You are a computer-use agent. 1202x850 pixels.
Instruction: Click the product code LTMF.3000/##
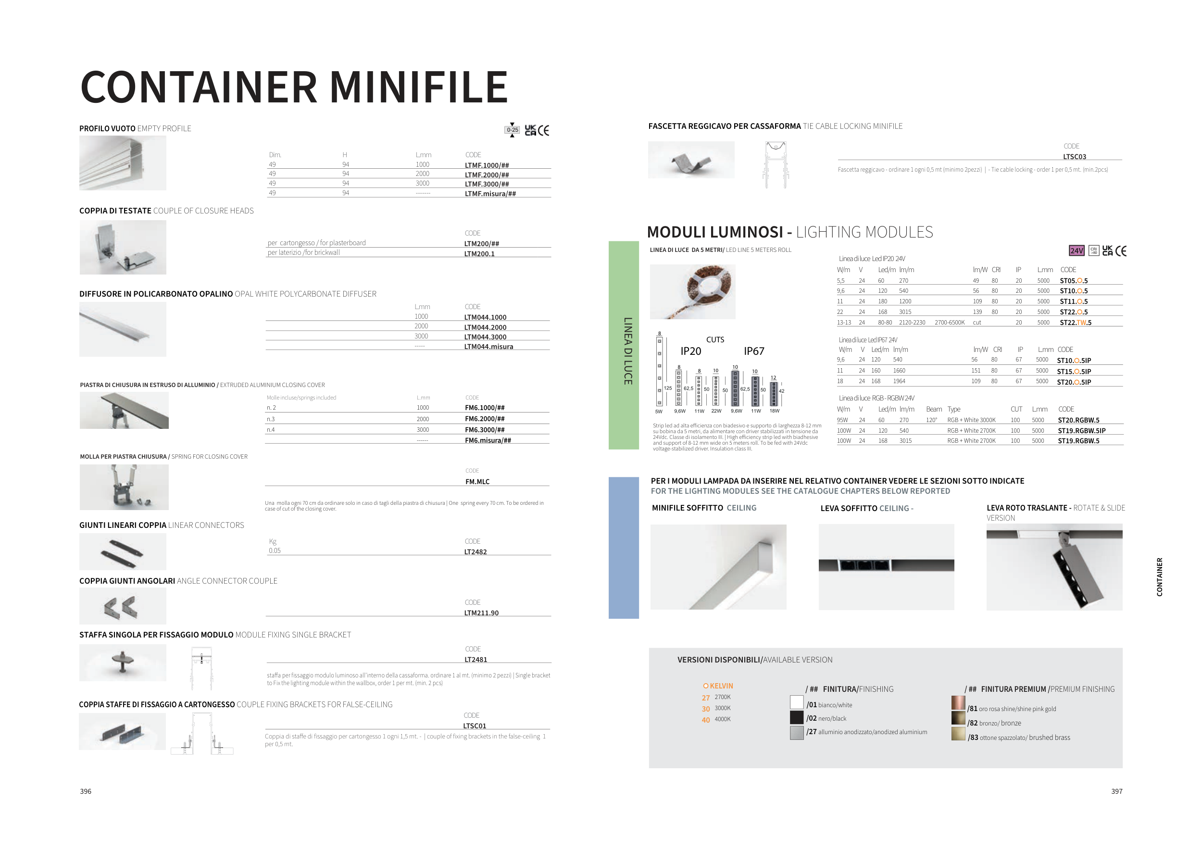click(487, 184)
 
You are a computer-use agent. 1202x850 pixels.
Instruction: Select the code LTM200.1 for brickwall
click(479, 254)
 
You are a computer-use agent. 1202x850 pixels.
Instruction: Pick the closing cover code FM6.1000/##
click(485, 408)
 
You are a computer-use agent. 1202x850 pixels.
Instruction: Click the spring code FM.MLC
click(477, 482)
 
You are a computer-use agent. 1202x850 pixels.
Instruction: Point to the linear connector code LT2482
click(476, 551)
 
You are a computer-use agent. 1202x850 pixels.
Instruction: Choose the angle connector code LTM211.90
click(481, 613)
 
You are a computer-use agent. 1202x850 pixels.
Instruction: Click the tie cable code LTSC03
click(1074, 157)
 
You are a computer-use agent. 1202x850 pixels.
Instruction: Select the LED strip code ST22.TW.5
click(1075, 323)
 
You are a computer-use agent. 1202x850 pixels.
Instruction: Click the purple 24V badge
click(1077, 250)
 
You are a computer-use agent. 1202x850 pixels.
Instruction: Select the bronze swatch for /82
click(958, 718)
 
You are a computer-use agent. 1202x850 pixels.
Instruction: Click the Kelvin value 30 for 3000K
click(706, 709)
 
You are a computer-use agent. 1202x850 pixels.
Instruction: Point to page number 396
click(85, 791)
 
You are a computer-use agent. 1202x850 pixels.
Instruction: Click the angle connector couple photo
click(123, 606)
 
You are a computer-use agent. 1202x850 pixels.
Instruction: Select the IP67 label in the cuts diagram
click(754, 351)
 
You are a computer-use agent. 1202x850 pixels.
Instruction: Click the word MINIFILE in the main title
click(419, 87)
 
